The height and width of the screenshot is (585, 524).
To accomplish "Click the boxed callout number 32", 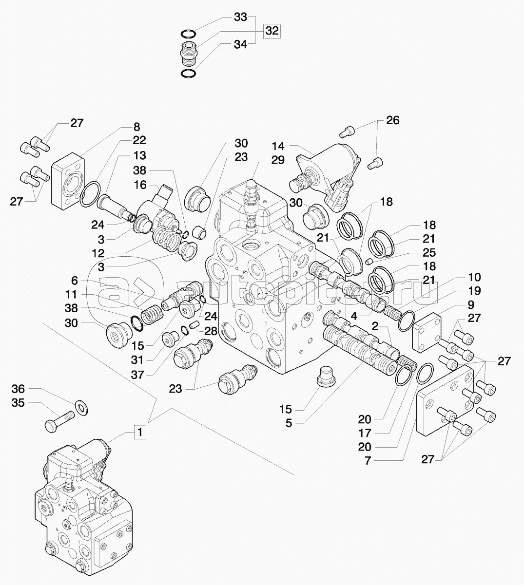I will [272, 31].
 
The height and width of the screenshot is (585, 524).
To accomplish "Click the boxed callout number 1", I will [139, 432].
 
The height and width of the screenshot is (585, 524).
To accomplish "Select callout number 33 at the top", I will [240, 17].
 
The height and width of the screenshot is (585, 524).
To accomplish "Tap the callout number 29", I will [278, 161].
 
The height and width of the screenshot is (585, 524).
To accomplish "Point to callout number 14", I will [278, 145].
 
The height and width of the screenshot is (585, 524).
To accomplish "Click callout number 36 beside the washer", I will [18, 389].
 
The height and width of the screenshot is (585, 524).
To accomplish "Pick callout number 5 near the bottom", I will [289, 423].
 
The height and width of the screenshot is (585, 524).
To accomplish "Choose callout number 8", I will [136, 127].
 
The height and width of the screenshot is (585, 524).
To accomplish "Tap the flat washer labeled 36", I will [80, 406].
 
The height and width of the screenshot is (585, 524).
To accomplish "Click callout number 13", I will [140, 155].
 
